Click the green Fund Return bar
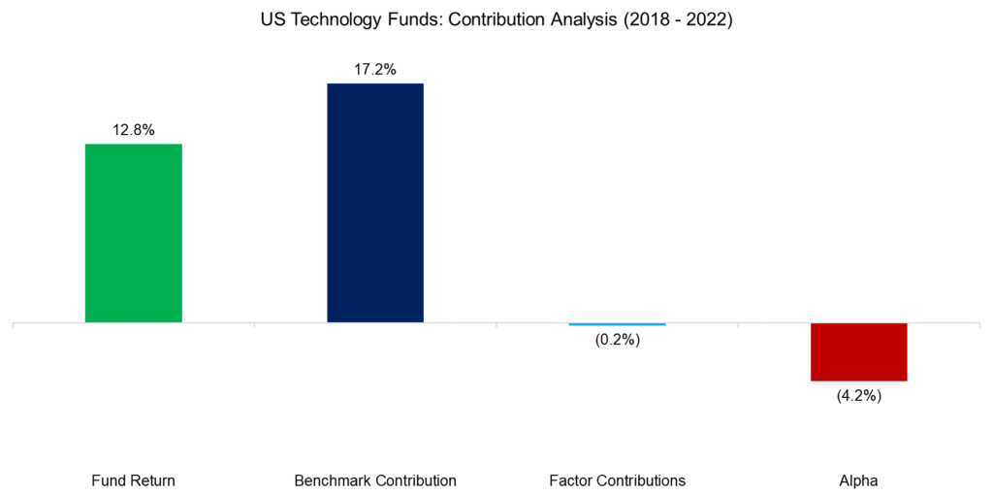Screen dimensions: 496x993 (133, 233)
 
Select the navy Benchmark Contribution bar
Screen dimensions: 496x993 (375, 202)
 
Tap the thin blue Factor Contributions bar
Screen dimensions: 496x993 (617, 324)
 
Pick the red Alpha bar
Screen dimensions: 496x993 (858, 351)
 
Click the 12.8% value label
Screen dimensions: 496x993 (133, 130)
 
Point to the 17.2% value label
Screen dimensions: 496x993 (375, 70)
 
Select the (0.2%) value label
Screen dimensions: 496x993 (618, 340)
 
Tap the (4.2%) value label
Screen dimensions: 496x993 (859, 396)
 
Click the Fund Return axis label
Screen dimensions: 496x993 (133, 480)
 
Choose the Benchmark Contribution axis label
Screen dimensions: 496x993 (375, 480)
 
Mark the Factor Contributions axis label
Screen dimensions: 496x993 (617, 480)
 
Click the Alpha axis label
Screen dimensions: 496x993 (859, 480)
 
